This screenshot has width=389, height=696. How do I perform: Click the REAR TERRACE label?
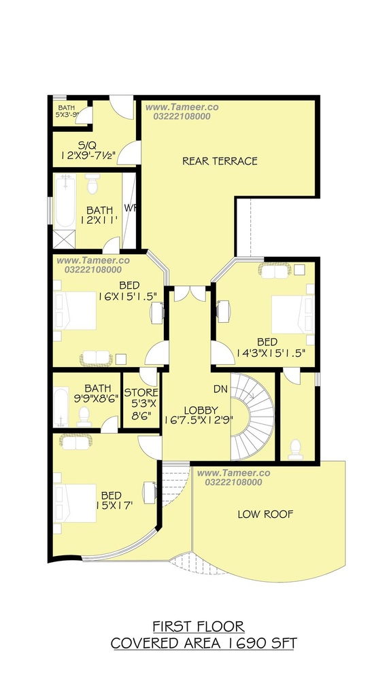[220, 160]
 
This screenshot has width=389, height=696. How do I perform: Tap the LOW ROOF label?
[265, 514]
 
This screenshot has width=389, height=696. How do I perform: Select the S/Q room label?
[88, 145]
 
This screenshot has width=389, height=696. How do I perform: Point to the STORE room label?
[141, 392]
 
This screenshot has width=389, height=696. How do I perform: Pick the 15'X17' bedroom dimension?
[114, 506]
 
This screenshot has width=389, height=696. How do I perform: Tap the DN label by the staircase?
[220, 389]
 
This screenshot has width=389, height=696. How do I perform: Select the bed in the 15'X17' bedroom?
[75, 503]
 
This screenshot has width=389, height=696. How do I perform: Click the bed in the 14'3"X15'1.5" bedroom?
[293, 315]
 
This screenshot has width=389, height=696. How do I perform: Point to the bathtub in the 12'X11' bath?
[65, 201]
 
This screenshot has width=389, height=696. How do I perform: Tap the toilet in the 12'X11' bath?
[92, 184]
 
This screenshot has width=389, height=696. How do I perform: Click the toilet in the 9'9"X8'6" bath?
[84, 417]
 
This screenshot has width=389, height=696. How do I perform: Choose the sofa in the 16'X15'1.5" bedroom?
[97, 358]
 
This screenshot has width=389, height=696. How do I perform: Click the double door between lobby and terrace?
[190, 294]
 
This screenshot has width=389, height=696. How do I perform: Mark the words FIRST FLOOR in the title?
[199, 626]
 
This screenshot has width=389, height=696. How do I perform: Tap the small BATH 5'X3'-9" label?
[67, 111]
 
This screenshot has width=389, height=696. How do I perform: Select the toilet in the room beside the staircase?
[296, 449]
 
